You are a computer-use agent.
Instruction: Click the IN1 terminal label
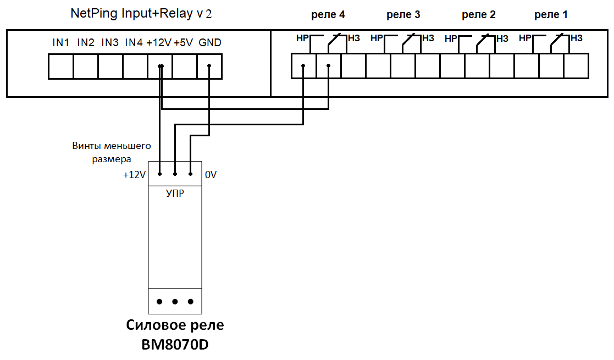[60, 42]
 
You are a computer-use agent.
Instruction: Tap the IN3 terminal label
[110, 42]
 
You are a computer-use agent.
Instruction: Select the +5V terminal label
[184, 43]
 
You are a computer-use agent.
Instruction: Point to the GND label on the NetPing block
[210, 43]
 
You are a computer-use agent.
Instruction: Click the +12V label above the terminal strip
[159, 43]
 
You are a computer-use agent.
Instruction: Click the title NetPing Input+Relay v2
[141, 14]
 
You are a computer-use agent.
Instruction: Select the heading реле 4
[328, 15]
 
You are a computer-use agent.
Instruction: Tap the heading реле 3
[403, 15]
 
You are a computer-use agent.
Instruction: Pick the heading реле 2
[479, 15]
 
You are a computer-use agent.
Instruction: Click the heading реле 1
[551, 15]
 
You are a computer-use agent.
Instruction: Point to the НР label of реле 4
[302, 38]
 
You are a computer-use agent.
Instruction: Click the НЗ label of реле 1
[577, 38]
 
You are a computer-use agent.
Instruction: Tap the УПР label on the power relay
[175, 194]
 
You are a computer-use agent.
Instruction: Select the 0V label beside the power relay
[211, 175]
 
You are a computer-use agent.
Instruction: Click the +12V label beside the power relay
[135, 175]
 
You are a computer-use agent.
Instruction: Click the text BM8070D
[175, 345]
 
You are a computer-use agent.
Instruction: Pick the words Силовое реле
[175, 325]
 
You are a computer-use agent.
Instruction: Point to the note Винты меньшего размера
[111, 152]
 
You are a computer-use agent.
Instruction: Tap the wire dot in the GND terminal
[209, 67]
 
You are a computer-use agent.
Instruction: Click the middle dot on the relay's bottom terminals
[175, 302]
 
